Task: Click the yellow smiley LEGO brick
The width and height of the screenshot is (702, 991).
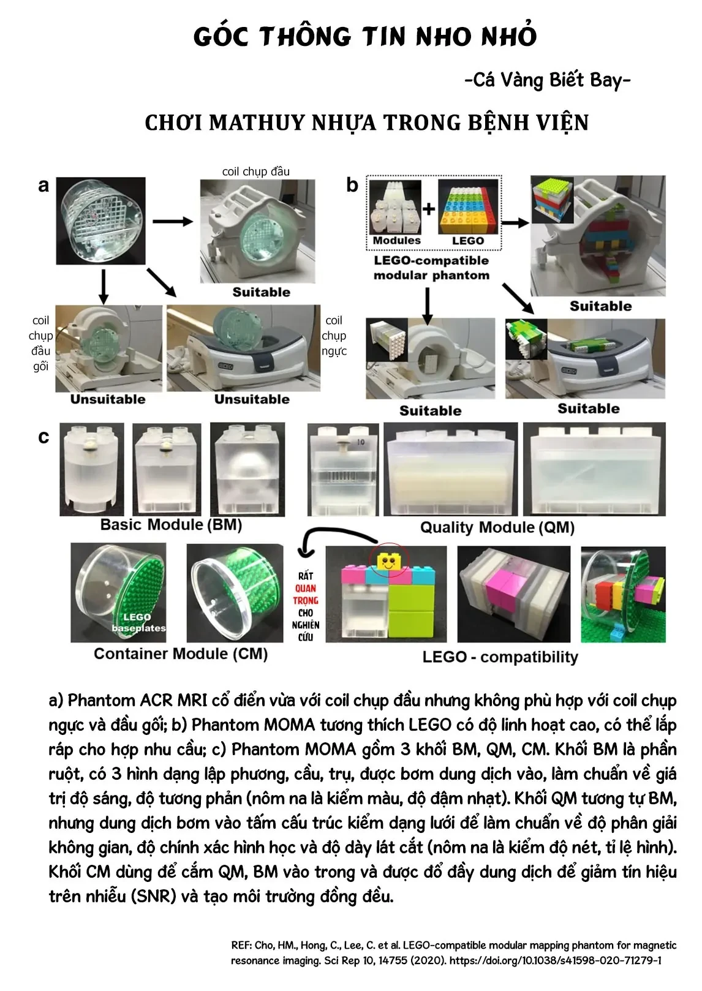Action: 388,562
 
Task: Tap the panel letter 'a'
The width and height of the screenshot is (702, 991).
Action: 43,186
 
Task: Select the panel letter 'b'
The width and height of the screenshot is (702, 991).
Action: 352,185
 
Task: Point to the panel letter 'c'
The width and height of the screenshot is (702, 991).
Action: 43,437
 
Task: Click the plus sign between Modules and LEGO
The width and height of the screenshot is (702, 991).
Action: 429,208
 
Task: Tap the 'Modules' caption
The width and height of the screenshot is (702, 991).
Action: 396,240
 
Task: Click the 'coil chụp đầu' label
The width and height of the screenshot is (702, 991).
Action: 255,171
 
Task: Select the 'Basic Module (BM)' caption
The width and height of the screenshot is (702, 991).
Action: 171,524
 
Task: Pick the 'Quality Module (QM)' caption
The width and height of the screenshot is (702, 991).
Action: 497,527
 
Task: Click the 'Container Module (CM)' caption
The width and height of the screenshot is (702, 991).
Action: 181,654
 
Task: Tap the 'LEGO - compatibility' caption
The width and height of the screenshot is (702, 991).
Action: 500,657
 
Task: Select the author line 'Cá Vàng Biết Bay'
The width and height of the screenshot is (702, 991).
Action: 548,80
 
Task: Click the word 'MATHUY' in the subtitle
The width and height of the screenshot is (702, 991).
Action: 257,122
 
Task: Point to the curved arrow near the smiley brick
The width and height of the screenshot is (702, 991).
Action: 333,539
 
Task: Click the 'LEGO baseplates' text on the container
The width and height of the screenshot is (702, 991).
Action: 138,622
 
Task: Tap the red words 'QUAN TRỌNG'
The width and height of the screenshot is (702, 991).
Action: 305,594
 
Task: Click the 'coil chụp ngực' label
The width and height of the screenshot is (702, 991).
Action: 334,336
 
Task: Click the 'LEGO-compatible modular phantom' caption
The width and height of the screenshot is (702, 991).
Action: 431,268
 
